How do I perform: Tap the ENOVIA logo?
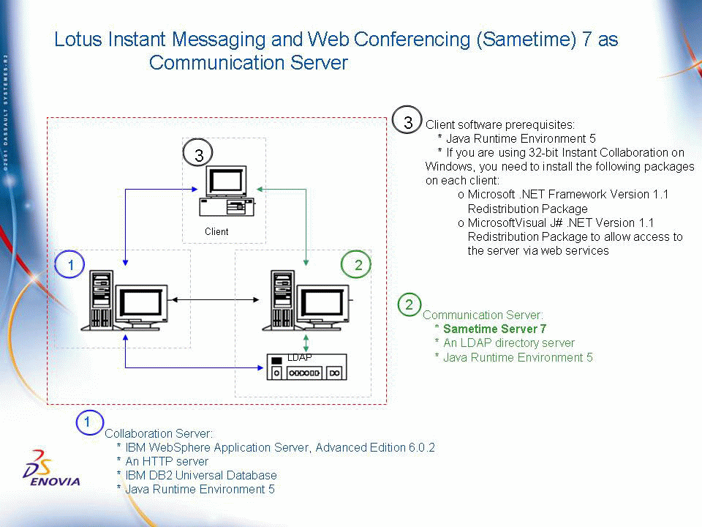(x=51, y=468)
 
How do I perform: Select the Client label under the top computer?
(x=216, y=232)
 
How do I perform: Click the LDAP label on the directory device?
(x=300, y=357)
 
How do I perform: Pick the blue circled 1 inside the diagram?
(x=70, y=264)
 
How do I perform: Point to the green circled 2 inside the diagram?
(x=356, y=264)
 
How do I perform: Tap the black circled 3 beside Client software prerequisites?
(x=407, y=120)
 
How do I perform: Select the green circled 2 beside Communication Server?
(x=409, y=304)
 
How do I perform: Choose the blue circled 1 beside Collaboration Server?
(x=89, y=422)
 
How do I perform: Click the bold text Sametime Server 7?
(x=495, y=329)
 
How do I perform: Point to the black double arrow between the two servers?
(x=215, y=299)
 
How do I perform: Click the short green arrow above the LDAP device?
(x=306, y=343)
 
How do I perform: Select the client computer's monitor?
(x=226, y=182)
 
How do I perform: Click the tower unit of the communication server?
(x=283, y=299)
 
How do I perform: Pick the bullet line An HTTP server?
(x=167, y=462)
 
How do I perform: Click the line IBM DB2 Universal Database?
(x=201, y=476)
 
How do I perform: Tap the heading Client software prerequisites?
(x=500, y=124)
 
